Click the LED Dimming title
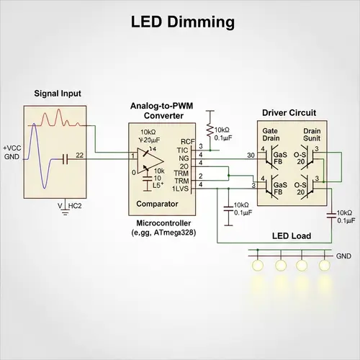coord(182,22)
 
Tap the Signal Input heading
coord(58,94)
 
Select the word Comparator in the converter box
coord(158,204)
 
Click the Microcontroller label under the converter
coord(163,224)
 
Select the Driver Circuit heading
coord(289,113)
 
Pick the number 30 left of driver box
coord(250,155)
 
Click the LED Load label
coord(291,236)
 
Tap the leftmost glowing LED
coord(256,266)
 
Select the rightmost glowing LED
coord(322,266)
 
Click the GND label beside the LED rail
coord(343,256)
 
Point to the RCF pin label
coord(187,142)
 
